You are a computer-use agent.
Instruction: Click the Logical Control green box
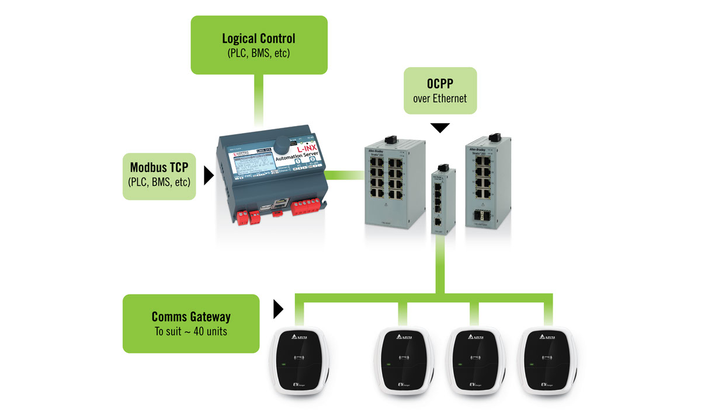pyautogui.click(x=258, y=45)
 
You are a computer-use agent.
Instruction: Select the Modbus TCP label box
pyautogui.click(x=159, y=176)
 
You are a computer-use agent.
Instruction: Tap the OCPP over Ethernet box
pyautogui.click(x=440, y=90)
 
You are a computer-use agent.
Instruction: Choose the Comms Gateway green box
pyautogui.click(x=190, y=323)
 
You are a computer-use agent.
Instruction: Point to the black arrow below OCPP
pyautogui.click(x=440, y=127)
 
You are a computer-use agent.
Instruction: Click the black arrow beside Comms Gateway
pyautogui.click(x=278, y=310)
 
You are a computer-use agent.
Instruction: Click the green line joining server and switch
pyautogui.click(x=345, y=174)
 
